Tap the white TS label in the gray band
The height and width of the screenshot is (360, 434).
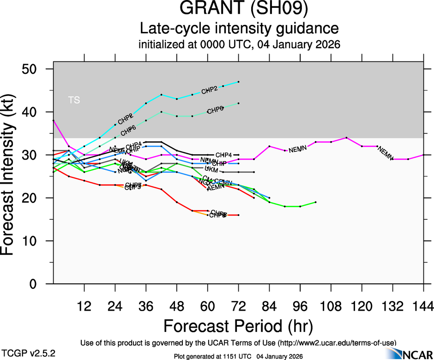click(x=73, y=100)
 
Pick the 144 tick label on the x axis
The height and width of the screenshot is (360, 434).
click(x=423, y=306)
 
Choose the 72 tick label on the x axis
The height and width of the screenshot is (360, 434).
click(x=238, y=306)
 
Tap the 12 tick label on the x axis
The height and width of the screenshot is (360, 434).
click(x=84, y=306)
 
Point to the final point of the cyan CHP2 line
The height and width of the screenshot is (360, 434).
click(x=238, y=82)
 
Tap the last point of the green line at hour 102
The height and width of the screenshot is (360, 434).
click(x=315, y=202)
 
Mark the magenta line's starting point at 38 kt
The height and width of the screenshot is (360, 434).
click(x=54, y=120)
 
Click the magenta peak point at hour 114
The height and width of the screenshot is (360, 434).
click(x=346, y=138)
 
